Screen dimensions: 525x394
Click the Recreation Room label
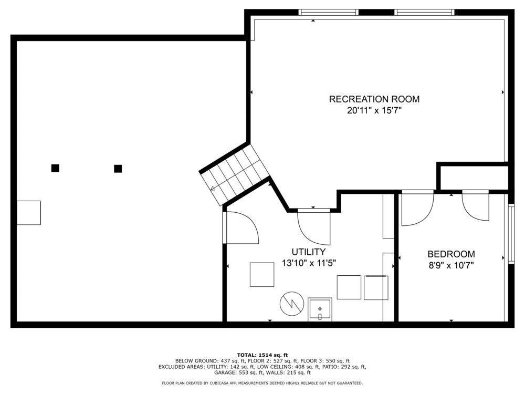pos(374,99)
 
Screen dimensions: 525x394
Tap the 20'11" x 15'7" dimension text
pos(374,110)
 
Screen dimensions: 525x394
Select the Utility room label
pos(308,252)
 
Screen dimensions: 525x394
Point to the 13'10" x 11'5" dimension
pos(309,263)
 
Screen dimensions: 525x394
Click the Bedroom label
pos(451,254)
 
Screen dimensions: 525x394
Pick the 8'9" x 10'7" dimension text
pos(451,266)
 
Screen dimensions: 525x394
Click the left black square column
pos(55,168)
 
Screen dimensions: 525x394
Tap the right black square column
pos(118,169)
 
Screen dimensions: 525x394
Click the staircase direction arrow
pos(214,188)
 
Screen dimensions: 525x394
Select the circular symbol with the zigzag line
pos(292,304)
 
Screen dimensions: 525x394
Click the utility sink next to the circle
pos(320,309)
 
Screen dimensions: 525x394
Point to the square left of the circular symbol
pos(262,275)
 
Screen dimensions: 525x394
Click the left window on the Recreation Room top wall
pos(328,13)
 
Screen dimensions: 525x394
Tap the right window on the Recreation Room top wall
pos(425,13)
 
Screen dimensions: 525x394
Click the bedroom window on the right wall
pos(511,234)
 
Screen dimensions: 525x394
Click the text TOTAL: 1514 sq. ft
pos(262,355)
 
